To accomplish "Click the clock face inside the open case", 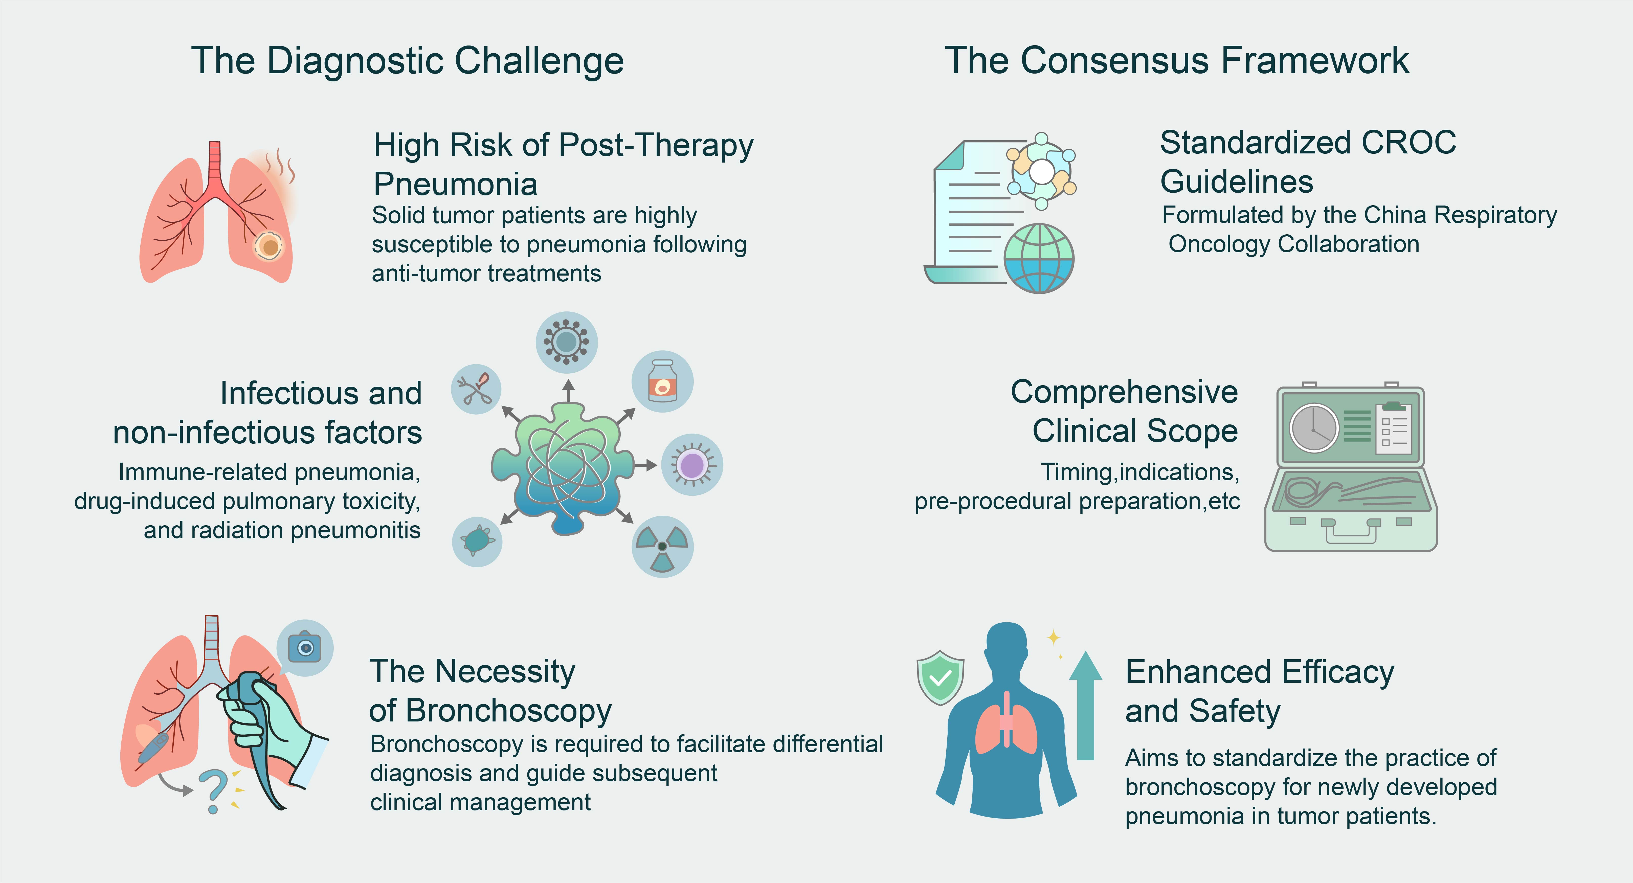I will click(x=1313, y=428).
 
